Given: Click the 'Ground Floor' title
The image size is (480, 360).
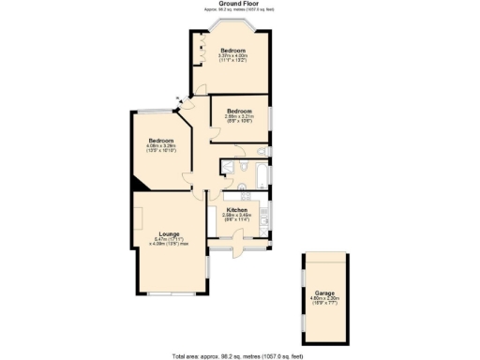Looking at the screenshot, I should point(239,4).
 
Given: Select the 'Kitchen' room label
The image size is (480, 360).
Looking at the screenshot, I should point(235,209).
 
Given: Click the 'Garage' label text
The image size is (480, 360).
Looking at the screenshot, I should point(323,293).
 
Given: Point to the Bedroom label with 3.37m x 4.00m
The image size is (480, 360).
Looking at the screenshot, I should point(232,50).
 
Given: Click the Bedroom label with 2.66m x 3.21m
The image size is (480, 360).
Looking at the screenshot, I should point(239,111).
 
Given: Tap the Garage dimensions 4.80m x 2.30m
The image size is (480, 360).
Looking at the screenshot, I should point(323,301).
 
